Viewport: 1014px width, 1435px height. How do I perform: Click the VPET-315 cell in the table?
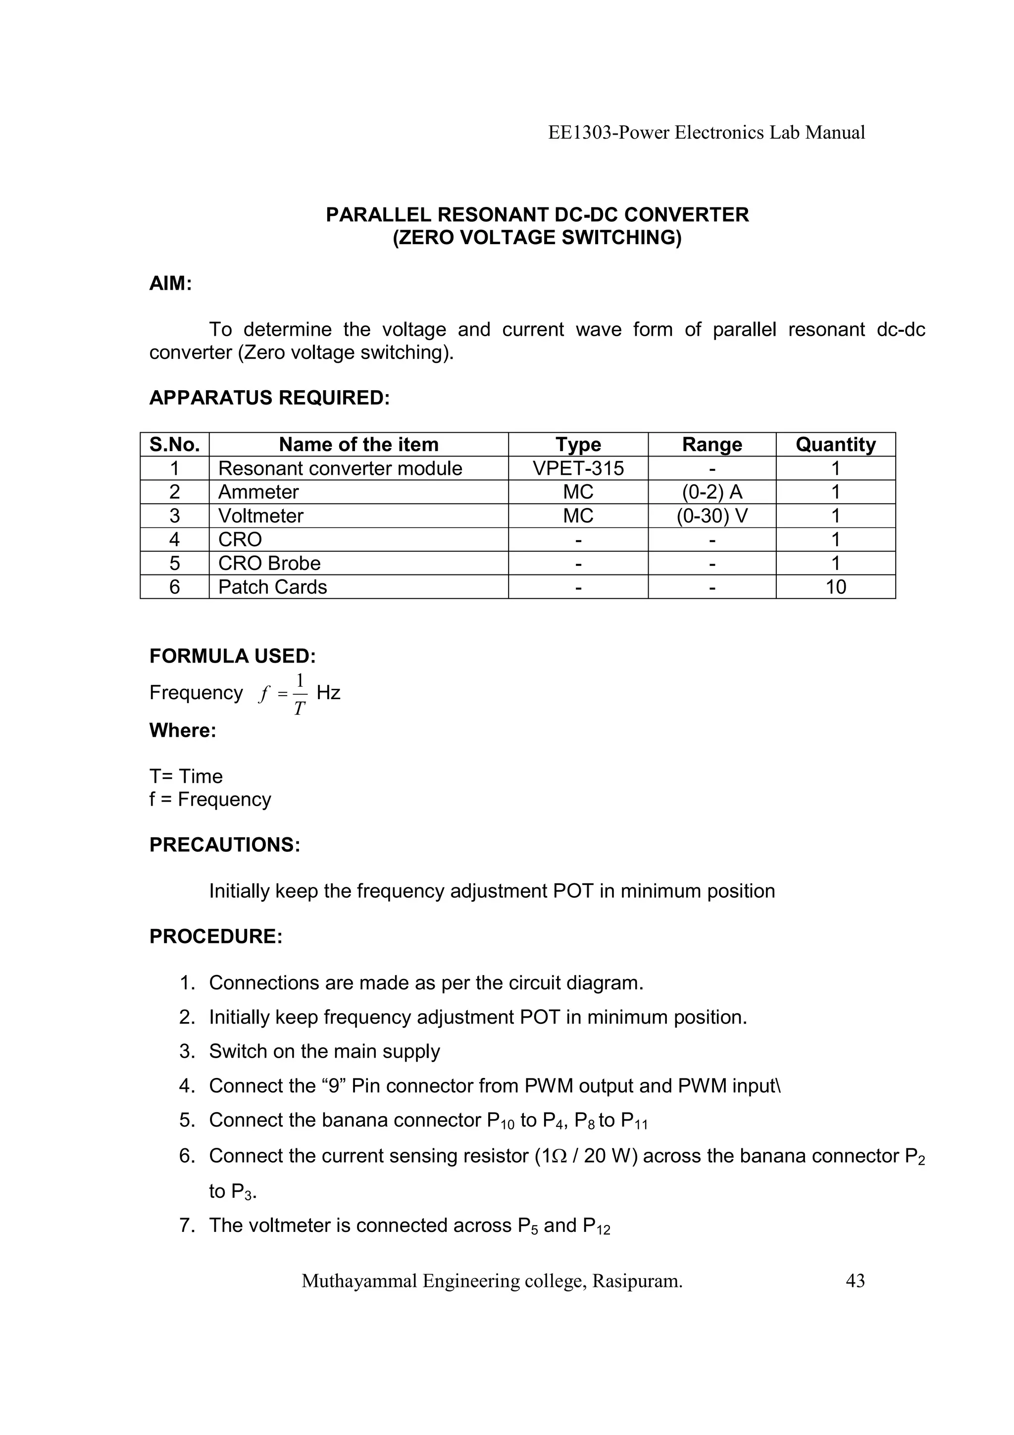578,468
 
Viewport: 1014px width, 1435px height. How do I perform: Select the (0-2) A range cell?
711,492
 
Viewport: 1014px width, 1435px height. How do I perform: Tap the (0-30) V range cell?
711,515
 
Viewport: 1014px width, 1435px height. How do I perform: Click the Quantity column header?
835,444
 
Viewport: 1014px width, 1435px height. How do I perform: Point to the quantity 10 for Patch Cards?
835,587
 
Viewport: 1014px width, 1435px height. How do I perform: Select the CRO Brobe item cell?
269,563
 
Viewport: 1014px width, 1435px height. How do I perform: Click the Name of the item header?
358,444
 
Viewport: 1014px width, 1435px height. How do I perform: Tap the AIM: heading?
170,284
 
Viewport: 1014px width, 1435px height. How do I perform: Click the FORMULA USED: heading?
232,656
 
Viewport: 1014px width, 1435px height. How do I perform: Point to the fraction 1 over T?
300,694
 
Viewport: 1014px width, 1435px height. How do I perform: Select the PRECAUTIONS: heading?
225,845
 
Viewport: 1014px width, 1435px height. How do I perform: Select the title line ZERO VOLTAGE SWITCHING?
537,238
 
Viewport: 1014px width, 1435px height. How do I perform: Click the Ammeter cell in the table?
258,492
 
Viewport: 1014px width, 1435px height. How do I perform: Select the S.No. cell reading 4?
174,539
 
